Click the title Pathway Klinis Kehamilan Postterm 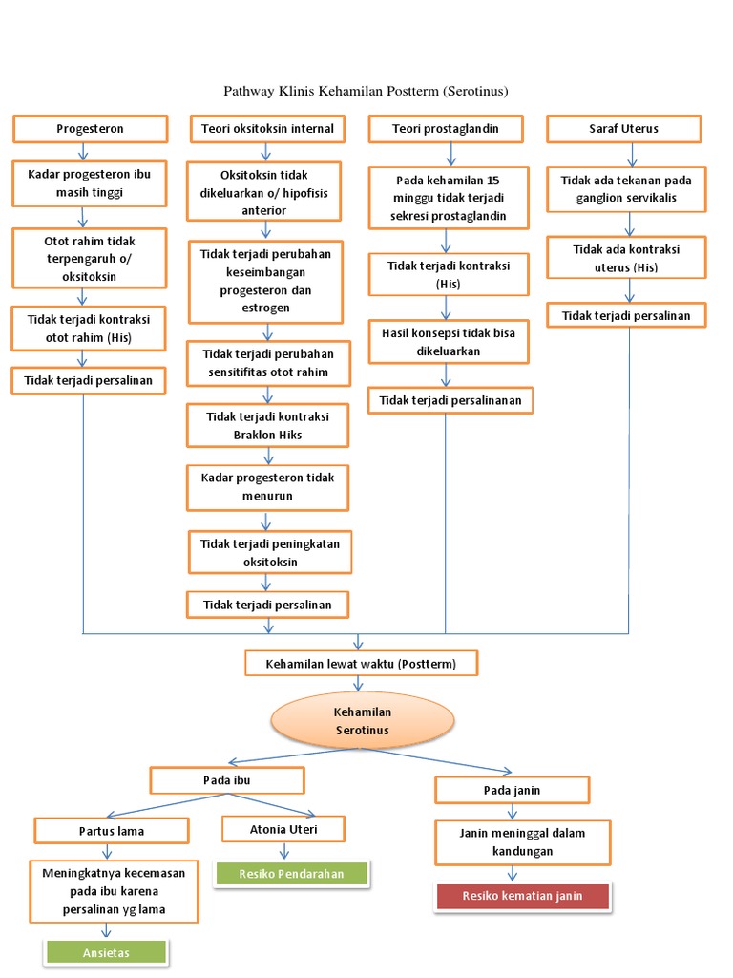click(366, 92)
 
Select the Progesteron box click(91, 128)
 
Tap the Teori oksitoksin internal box click(268, 128)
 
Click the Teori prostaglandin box click(446, 128)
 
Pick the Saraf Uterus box click(624, 128)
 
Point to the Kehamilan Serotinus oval click(363, 721)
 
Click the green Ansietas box click(105, 951)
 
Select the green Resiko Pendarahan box click(291, 873)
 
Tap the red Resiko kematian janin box click(522, 896)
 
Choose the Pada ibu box click(227, 780)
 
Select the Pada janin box click(513, 790)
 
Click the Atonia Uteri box click(283, 828)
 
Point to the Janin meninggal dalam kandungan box click(522, 841)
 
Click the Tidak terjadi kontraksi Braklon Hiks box click(268, 426)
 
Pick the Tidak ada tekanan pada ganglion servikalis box click(626, 188)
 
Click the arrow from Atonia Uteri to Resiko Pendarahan click(283, 851)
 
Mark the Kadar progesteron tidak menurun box click(268, 487)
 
